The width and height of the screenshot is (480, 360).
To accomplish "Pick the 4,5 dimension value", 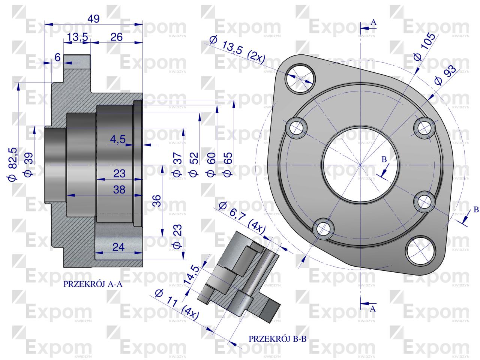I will tap(118, 139).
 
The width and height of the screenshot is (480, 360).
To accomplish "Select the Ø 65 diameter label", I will tap(228, 165).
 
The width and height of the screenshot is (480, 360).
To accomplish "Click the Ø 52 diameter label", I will tap(193, 165).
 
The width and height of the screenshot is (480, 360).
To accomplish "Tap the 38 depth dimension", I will tap(119, 190).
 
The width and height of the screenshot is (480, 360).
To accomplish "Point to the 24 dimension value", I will tap(118, 247).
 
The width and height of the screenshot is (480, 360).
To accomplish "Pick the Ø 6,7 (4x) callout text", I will tap(241, 217).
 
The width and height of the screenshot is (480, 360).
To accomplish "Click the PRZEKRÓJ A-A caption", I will tap(93, 285).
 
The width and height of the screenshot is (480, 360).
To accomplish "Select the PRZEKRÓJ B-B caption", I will tap(277, 339).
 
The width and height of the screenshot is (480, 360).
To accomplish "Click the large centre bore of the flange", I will tap(360, 165).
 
